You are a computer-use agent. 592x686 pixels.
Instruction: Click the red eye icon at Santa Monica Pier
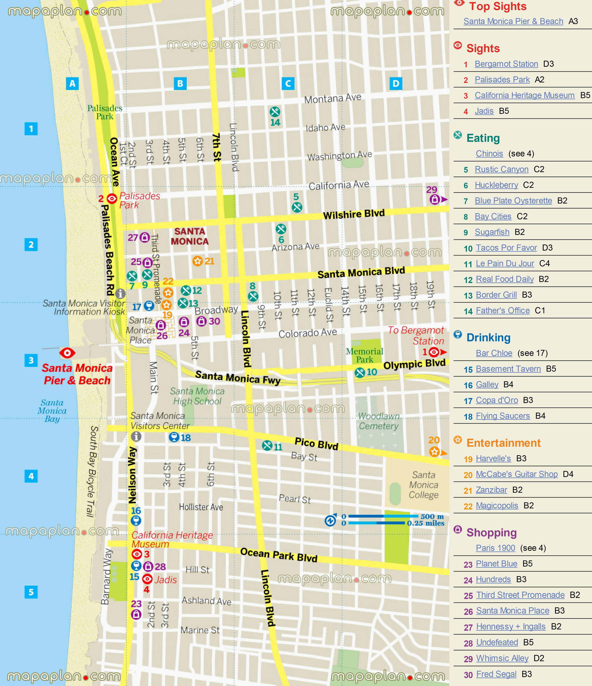67,353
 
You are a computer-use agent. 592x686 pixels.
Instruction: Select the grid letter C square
288,83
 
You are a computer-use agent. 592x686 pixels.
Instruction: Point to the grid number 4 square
31,476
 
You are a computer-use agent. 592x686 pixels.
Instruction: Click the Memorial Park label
365,355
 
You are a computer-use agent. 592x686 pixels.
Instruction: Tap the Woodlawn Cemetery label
379,421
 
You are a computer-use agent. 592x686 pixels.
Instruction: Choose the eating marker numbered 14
275,112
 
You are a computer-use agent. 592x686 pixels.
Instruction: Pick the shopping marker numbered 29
434,199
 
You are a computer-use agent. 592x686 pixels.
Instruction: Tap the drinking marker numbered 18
174,437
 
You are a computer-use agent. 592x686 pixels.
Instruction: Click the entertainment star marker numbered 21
198,261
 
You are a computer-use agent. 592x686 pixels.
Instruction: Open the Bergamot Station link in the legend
506,64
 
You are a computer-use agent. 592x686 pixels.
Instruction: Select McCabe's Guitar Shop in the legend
517,474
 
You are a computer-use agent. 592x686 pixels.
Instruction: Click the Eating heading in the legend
483,138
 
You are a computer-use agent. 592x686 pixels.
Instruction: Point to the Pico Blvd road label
316,444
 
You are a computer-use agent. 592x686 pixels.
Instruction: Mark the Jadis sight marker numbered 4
147,579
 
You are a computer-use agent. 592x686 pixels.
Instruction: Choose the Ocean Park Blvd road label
279,555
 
